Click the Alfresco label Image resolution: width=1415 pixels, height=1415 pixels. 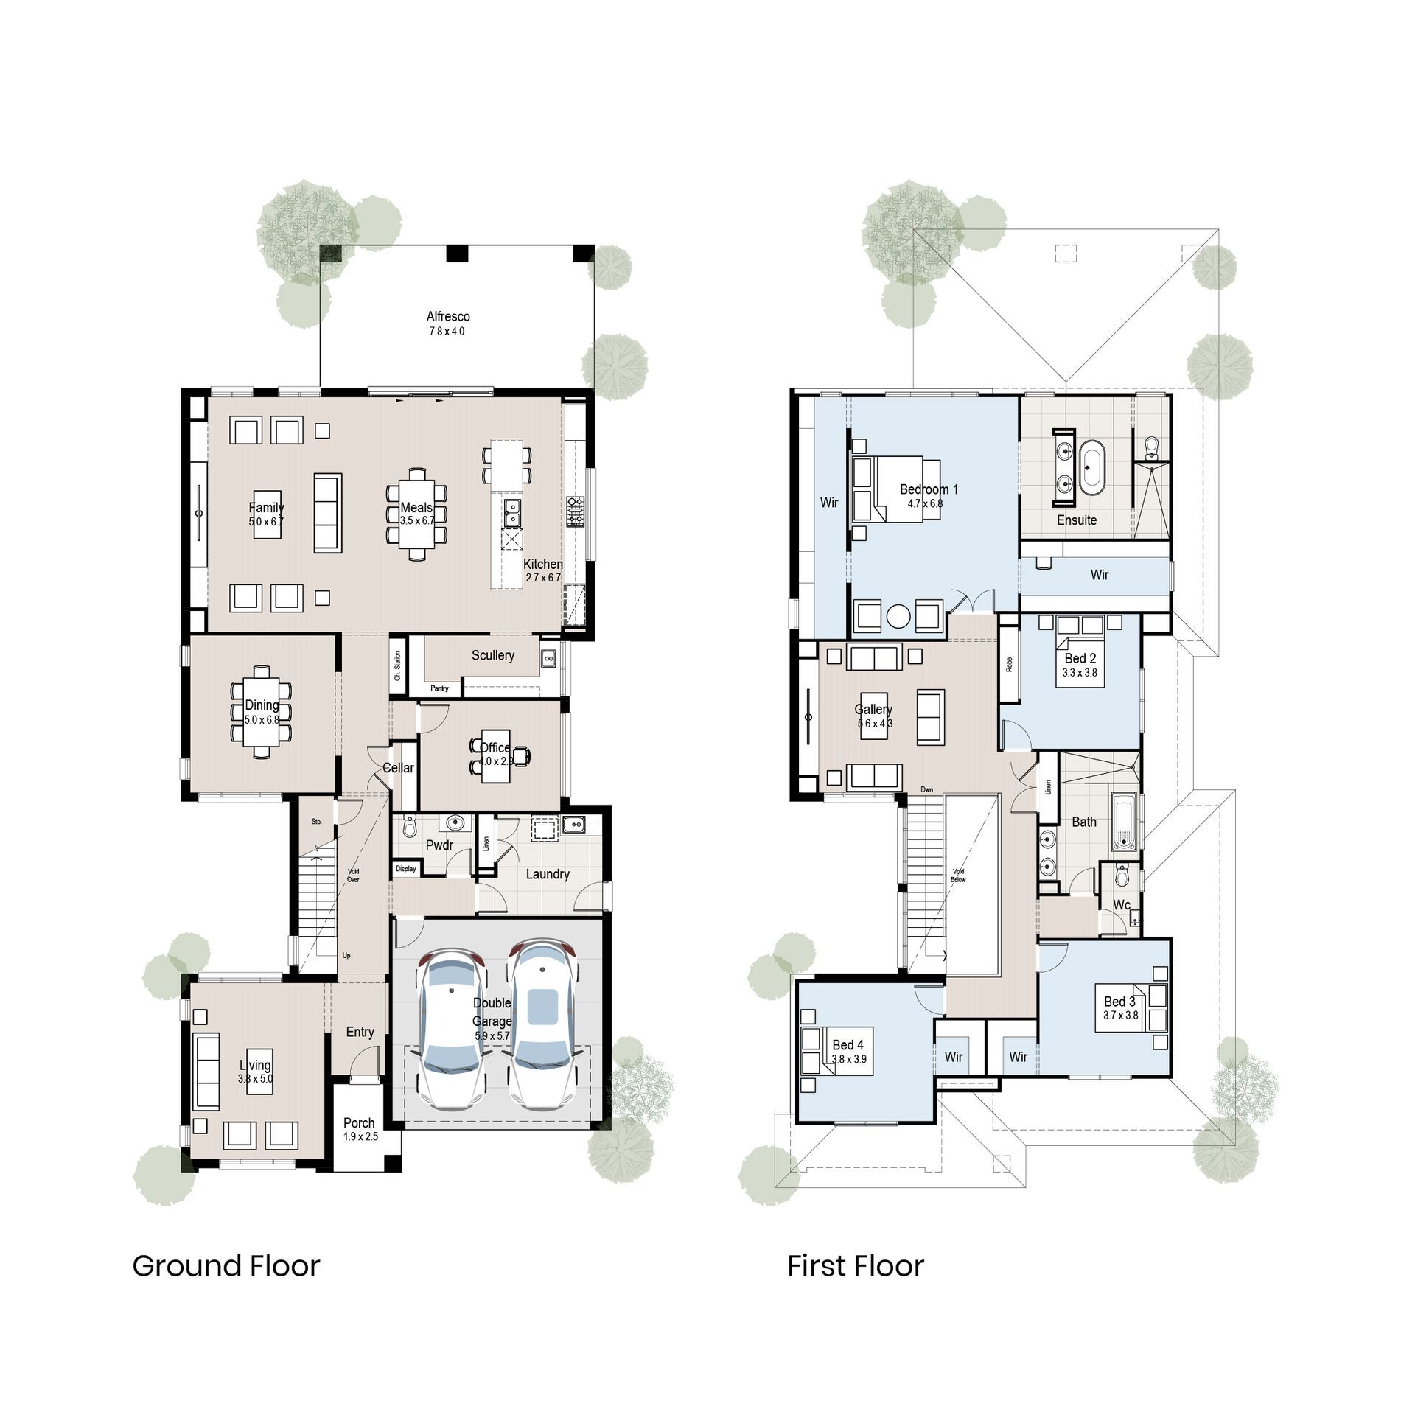(447, 316)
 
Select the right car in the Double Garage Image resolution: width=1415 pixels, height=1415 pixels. (543, 1024)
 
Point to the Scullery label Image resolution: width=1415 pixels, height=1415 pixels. (493, 655)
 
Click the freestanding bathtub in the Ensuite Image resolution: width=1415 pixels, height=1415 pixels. (1091, 468)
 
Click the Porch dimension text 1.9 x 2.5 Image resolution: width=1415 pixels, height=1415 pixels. (360, 1136)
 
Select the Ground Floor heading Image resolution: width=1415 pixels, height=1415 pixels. (226, 1266)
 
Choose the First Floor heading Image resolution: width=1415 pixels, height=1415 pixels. (855, 1266)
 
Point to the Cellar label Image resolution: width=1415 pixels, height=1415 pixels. (398, 768)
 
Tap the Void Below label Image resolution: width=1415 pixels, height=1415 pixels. (958, 876)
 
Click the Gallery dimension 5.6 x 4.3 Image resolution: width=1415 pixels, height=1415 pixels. (874, 724)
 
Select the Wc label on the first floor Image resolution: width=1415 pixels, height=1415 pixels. (1122, 905)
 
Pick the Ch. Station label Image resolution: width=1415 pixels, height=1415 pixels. (397, 665)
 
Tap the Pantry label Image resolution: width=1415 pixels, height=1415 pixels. (439, 688)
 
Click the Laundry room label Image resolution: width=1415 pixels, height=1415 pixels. (547, 874)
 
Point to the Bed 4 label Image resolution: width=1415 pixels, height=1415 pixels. (848, 1045)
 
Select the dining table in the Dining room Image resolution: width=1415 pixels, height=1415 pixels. (261, 712)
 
